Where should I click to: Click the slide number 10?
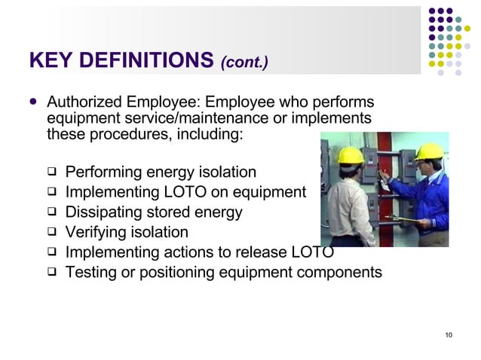click(x=449, y=335)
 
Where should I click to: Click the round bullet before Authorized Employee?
click(x=32, y=102)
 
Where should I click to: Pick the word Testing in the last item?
click(x=90, y=272)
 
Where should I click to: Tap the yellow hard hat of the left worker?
click(x=351, y=154)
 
